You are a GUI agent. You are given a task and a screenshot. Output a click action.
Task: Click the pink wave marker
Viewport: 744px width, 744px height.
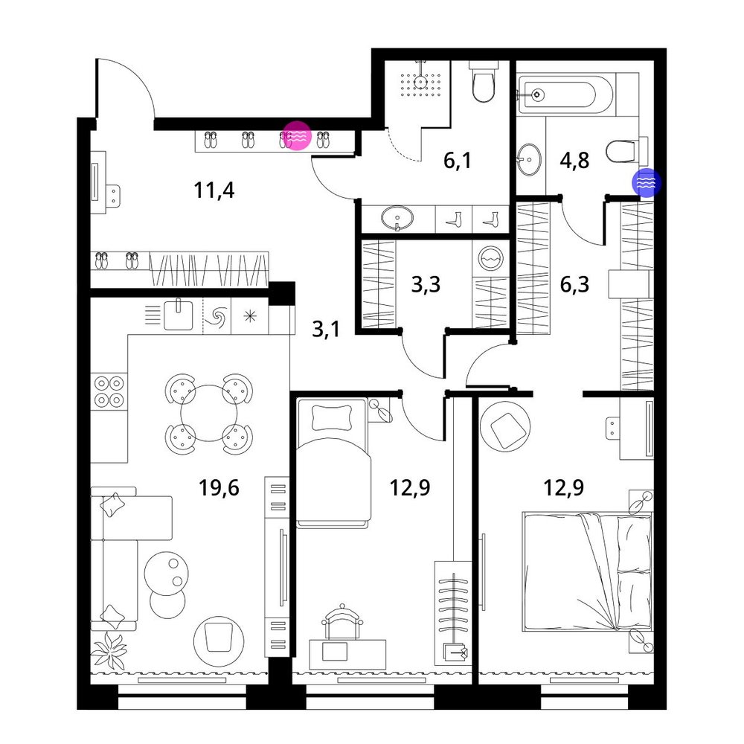click(297, 135)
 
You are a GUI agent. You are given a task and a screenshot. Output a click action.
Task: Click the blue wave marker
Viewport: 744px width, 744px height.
click(646, 182)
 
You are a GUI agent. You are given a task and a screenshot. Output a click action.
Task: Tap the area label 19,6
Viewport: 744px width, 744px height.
click(219, 487)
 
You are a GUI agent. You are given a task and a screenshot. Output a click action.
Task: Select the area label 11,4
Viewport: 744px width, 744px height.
click(214, 190)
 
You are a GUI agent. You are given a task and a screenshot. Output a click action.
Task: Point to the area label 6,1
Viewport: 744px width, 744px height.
click(458, 161)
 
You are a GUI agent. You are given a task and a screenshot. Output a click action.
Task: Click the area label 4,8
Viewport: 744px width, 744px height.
click(574, 161)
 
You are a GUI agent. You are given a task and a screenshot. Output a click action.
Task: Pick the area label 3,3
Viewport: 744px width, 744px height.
click(426, 284)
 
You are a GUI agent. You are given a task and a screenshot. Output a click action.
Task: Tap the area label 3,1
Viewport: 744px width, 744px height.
click(326, 328)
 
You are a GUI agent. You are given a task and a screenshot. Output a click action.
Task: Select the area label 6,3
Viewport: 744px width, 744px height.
click(574, 284)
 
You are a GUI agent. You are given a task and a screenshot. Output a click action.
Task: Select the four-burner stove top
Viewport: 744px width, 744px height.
click(109, 391)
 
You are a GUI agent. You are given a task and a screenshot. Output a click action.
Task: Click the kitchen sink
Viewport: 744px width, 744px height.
click(179, 315)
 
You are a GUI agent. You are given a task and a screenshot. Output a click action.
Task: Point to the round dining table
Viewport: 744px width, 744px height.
click(209, 413)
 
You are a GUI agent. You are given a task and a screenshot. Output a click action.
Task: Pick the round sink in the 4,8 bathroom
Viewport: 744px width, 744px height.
click(529, 159)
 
